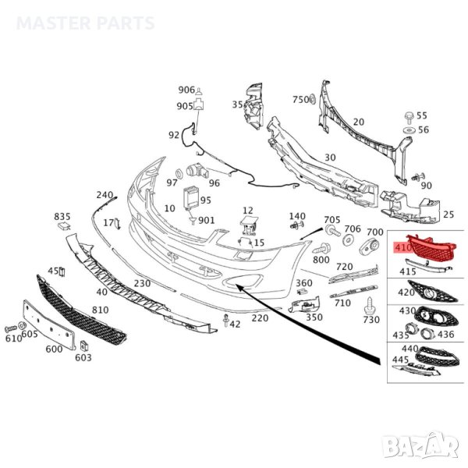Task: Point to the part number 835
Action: click(62, 216)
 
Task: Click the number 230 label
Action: click(142, 283)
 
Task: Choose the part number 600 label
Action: click(54, 349)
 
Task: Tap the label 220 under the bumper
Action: click(260, 318)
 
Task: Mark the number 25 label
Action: click(448, 214)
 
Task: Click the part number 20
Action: click(359, 122)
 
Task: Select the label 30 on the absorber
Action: click(330, 157)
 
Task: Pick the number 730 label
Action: click(371, 321)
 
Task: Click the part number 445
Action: click(400, 359)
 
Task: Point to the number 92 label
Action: click(174, 135)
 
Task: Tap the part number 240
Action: click(105, 194)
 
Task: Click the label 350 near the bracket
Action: click(314, 317)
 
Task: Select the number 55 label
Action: click(423, 115)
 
